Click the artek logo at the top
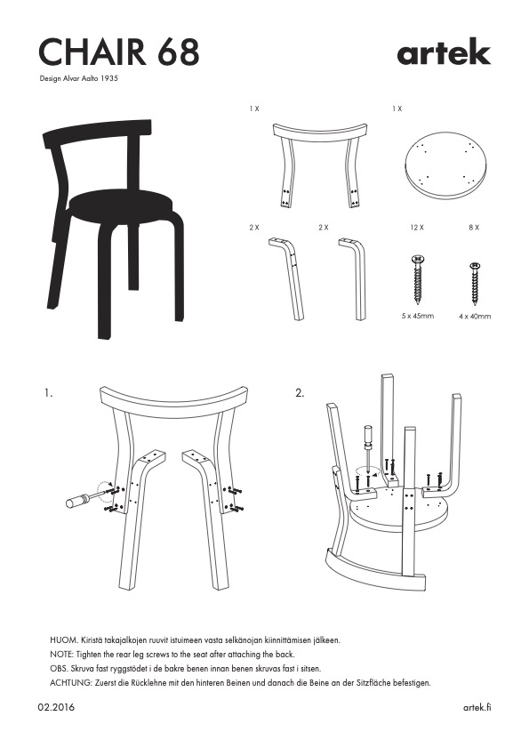[444, 52]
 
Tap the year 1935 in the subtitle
[109, 78]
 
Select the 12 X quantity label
[417, 228]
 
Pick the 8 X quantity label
[474, 228]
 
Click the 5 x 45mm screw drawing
[418, 279]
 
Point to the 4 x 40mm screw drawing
[475, 284]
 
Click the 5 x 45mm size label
[418, 316]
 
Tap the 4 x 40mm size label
[475, 316]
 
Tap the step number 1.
[48, 393]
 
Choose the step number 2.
[300, 393]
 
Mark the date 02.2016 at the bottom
[56, 707]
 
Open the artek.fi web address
[477, 707]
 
